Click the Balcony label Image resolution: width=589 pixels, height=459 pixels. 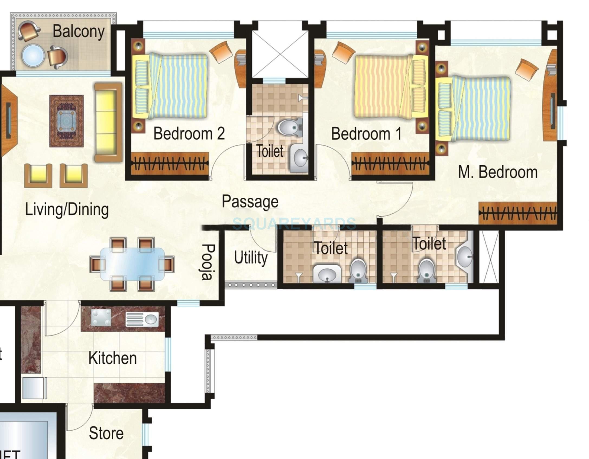[x=78, y=32]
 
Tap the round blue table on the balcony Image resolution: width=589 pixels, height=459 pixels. [x=33, y=56]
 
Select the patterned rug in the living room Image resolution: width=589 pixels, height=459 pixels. [x=66, y=121]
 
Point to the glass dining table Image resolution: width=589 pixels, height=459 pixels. [x=132, y=264]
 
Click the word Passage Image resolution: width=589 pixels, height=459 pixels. [x=250, y=202]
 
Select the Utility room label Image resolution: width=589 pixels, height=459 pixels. [x=251, y=258]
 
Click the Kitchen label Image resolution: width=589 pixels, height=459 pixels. [x=112, y=358]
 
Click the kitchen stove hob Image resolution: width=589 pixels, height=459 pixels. [x=101, y=317]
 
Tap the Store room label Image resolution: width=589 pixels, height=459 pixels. [x=106, y=433]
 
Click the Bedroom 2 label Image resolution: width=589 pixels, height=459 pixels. [x=189, y=134]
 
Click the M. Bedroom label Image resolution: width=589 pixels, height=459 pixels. [x=498, y=172]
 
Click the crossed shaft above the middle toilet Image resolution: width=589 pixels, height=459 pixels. [x=280, y=54]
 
